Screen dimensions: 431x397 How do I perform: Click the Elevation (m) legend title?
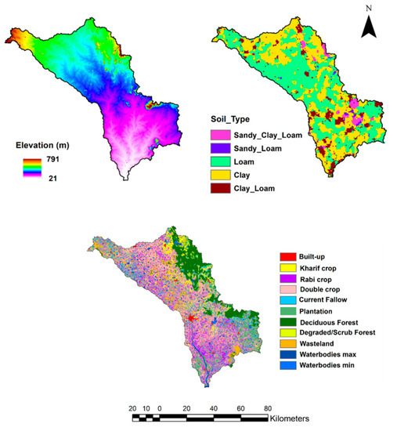pos(49,143)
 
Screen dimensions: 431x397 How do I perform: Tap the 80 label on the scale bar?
pos(267,408)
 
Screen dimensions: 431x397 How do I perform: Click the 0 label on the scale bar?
pos(159,408)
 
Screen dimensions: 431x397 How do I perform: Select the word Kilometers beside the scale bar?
pos(298,419)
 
